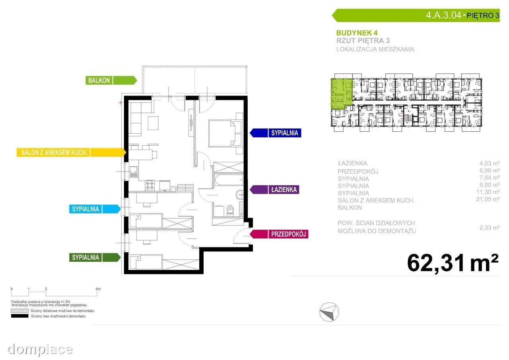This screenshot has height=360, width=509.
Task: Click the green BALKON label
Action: click(111, 80)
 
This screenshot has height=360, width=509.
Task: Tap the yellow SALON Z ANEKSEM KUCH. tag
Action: click(71, 152)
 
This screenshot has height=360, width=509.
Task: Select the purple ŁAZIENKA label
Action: click(274, 189)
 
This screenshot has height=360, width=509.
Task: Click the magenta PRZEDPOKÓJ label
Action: click(279, 234)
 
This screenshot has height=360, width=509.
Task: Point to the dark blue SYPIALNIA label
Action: click(276, 133)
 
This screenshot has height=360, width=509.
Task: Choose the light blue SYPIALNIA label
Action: click(95, 209)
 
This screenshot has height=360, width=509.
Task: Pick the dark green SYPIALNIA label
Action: click(95, 257)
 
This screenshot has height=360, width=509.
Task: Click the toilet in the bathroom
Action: click(230, 211)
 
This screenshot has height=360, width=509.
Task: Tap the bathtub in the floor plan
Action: click(228, 179)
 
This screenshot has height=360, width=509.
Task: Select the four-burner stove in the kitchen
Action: click(150, 185)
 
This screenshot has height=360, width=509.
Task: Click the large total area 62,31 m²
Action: click(453, 263)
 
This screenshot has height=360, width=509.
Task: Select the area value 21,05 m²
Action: click(488, 199)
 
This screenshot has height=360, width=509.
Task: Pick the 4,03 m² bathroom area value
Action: click(490, 163)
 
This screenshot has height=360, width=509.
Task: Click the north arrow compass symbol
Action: click(329, 312)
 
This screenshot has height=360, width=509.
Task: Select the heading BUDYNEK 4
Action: click(357, 33)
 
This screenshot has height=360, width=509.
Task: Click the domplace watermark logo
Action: click(40, 350)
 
